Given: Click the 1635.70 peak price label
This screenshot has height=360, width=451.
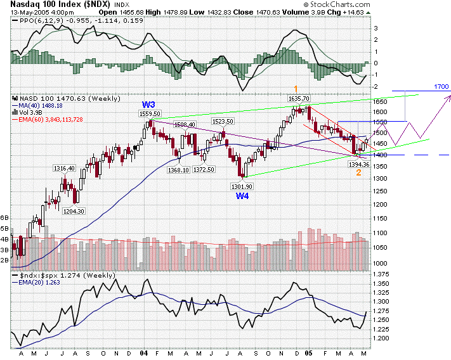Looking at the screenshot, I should pos(298,99).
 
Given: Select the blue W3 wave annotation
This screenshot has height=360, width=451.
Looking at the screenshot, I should pos(148,105).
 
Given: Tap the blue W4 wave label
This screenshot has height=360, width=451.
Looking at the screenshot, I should pos(242,196).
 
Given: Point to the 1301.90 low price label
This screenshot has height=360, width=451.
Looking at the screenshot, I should pos(242,186).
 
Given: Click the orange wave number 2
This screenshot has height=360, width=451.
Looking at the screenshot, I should pos(358,172).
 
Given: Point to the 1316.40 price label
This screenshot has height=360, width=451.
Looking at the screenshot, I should pos(64,168).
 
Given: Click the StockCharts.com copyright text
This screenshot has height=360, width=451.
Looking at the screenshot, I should pos(411,4).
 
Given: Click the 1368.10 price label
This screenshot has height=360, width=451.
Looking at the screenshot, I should pos(178,170).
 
